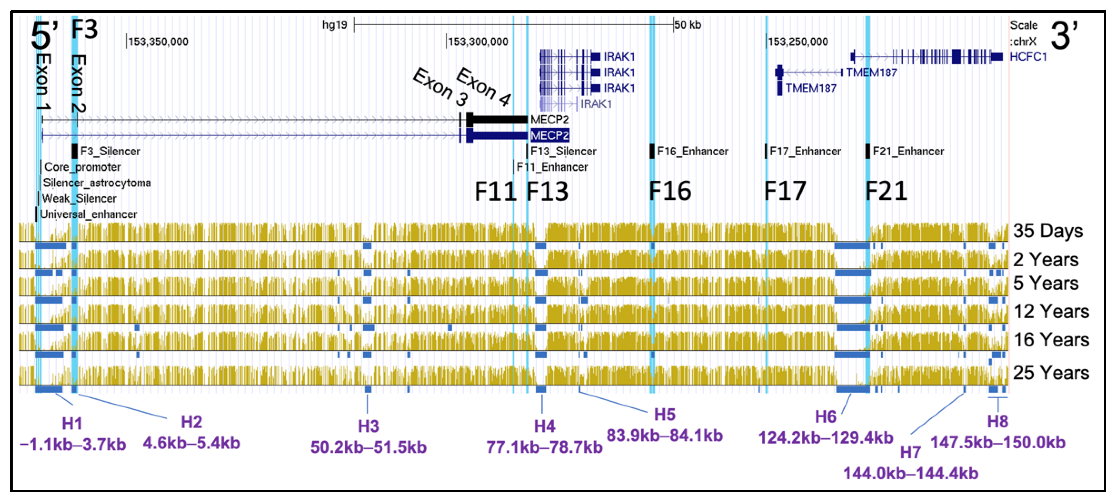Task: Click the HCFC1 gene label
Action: coord(1028,57)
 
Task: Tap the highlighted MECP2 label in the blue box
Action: coord(549,136)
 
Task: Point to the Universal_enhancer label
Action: coord(88,214)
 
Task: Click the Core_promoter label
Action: coord(82,167)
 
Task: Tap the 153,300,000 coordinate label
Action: coord(478,42)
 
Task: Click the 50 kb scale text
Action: coord(688,25)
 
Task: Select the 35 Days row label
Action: coord(1047,231)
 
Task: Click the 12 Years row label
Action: coord(1051,311)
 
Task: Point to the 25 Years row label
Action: coord(1051,373)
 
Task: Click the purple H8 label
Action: coord(997,421)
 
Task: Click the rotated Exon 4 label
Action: coord(483,87)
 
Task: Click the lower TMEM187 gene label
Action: coord(810,88)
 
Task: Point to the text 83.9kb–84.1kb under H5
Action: coord(664,435)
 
